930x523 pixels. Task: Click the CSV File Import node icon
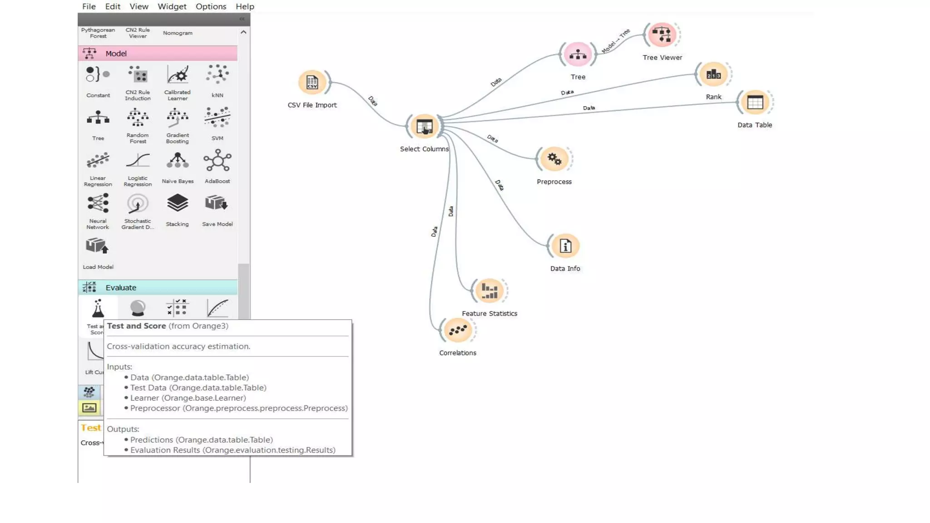pos(312,82)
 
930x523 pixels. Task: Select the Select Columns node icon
pos(424,126)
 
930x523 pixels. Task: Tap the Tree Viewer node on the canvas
pos(662,35)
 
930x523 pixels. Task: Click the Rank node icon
pos(713,74)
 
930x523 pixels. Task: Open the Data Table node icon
pos(755,103)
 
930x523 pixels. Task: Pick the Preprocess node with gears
pos(554,159)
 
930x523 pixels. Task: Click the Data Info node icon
pos(565,246)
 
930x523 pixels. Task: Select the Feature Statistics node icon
pos(489,291)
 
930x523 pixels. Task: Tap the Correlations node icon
pos(457,330)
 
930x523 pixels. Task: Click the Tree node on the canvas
pos(578,55)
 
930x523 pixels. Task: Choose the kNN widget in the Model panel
pos(217,75)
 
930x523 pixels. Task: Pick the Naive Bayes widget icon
pos(178,161)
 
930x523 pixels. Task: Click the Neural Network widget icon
pos(98,204)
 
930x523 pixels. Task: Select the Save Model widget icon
pos(217,204)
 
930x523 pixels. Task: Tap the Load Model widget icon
pos(98,247)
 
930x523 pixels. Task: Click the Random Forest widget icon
pos(138,118)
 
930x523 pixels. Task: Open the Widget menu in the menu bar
pos(172,6)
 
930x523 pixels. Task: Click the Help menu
pos(245,6)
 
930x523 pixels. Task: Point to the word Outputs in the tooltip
pos(123,429)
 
